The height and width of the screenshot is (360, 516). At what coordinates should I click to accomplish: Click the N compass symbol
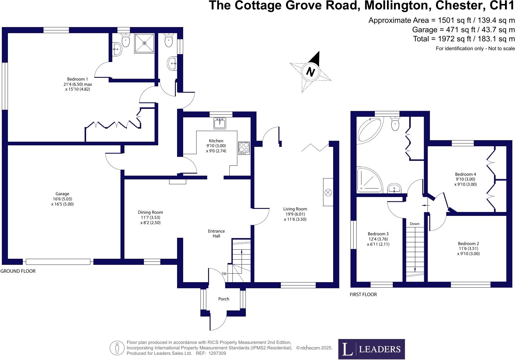pyautogui.click(x=310, y=72)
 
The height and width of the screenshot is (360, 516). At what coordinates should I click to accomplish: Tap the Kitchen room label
pyautogui.click(x=216, y=141)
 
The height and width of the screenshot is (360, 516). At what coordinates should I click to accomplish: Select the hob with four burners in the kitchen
pyautogui.click(x=244, y=148)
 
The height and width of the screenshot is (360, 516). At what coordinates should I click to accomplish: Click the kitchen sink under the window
pyautogui.click(x=220, y=123)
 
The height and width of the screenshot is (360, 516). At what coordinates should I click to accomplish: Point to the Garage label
pyautogui.click(x=62, y=194)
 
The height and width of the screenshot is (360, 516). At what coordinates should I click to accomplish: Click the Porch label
pyautogui.click(x=224, y=299)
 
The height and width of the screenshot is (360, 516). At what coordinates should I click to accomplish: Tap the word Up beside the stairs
pyautogui.click(x=224, y=273)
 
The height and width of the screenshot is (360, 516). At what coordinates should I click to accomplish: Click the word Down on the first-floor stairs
pyautogui.click(x=414, y=224)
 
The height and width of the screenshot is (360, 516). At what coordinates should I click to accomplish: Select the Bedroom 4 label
pyautogui.click(x=465, y=174)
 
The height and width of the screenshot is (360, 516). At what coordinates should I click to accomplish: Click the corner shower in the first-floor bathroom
pyautogui.click(x=368, y=180)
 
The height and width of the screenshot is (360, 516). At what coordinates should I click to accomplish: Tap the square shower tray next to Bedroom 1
pyautogui.click(x=145, y=43)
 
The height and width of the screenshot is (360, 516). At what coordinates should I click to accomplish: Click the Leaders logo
pyautogui.click(x=371, y=349)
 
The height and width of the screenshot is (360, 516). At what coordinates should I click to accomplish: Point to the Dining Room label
pyautogui.click(x=150, y=212)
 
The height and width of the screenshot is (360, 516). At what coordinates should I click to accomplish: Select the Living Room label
pyautogui.click(x=295, y=209)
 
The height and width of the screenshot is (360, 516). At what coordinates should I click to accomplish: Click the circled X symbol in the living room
pyautogui.click(x=328, y=192)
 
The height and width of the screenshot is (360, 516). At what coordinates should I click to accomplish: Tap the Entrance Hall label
pyautogui.click(x=216, y=234)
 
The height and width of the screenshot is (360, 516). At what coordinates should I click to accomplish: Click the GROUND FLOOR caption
pyautogui.click(x=18, y=271)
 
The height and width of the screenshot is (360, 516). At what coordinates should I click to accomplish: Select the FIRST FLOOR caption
pyautogui.click(x=363, y=294)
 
